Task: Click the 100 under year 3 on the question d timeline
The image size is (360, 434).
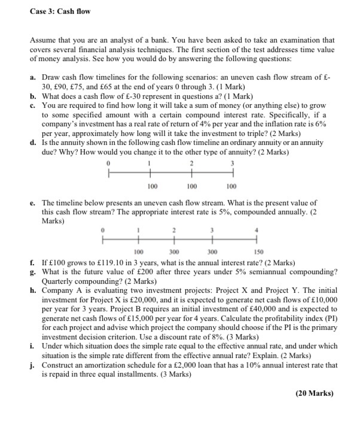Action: pos(231,186)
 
